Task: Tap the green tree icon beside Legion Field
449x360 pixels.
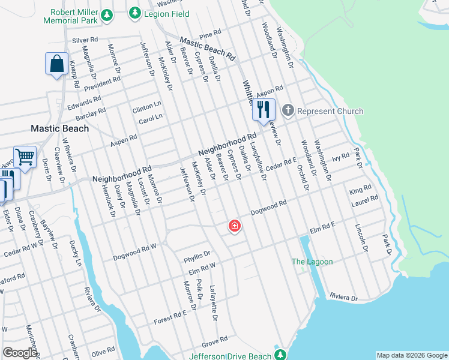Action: (x=135, y=13)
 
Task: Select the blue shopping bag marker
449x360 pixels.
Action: (x=56, y=64)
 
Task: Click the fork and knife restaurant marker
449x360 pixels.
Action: (x=263, y=110)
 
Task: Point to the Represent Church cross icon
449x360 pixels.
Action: (x=288, y=110)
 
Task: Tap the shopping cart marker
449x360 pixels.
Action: (x=25, y=157)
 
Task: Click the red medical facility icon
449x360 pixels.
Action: (x=234, y=226)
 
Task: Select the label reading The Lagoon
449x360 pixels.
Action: (x=312, y=262)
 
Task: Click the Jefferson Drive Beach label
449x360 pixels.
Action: (x=230, y=356)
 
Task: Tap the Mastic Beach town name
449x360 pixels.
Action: (x=60, y=128)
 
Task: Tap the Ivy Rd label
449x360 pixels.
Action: (x=340, y=156)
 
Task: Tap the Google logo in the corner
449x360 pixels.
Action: (x=20, y=353)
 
